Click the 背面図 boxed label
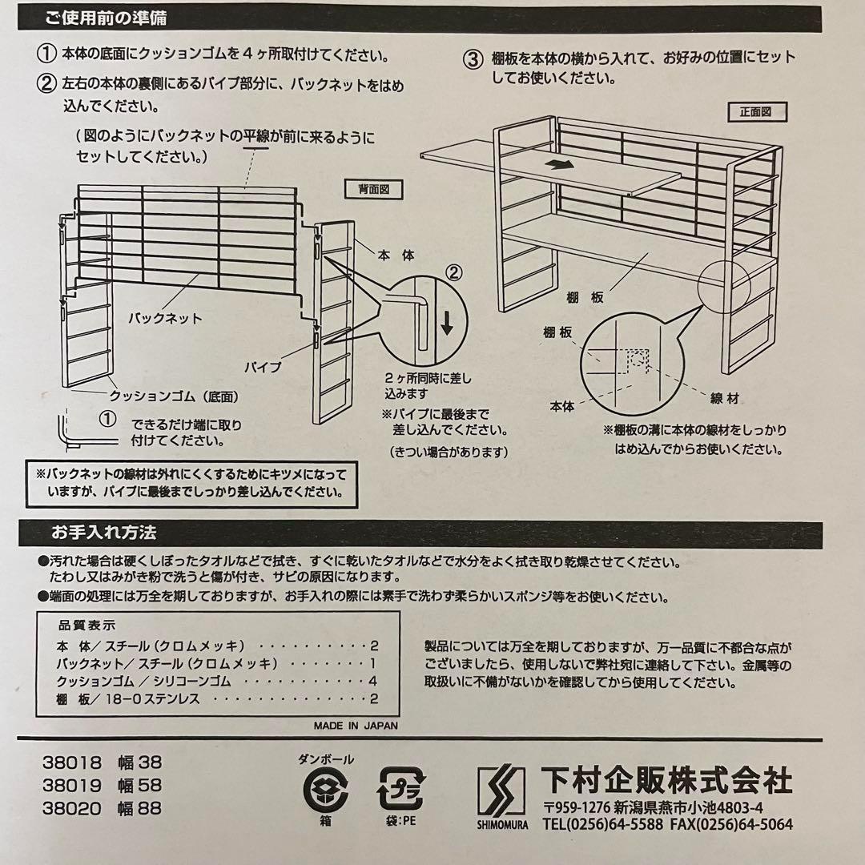[x=373, y=189]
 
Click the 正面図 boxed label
[x=756, y=112]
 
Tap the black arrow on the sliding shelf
[x=558, y=164]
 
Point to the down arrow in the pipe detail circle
[x=448, y=323]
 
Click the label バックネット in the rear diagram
[x=166, y=318]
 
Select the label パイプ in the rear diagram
[x=264, y=367]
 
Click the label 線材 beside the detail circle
[x=725, y=398]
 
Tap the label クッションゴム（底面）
[x=174, y=396]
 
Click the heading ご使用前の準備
[x=106, y=18]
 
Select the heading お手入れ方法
[x=104, y=533]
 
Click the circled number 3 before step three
[x=473, y=59]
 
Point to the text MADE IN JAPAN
[x=356, y=726]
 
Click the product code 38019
[x=72, y=785]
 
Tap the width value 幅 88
[x=139, y=808]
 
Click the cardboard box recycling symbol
[x=325, y=790]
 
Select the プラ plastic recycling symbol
[x=401, y=788]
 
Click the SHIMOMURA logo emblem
[x=501, y=792]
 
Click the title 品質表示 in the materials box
[x=87, y=626]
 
